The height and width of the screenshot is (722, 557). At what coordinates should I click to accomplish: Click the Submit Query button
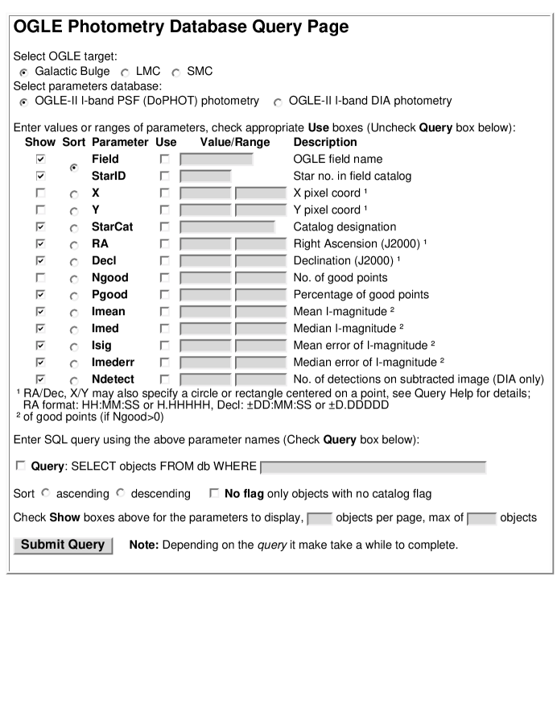point(64,545)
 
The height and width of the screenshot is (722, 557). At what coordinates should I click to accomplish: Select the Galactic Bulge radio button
point(24,72)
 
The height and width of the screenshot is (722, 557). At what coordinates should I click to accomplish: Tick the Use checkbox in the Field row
point(165,160)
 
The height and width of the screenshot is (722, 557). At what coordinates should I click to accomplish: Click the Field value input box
point(216,160)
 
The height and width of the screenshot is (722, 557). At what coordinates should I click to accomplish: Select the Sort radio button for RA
point(75,245)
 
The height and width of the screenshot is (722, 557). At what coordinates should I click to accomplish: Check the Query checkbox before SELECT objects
point(20,467)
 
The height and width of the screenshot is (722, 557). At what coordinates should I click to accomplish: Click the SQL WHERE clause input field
point(373,467)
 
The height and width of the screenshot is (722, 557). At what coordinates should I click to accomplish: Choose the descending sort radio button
point(123,492)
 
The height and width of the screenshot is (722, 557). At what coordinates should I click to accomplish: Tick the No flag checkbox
point(212,492)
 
